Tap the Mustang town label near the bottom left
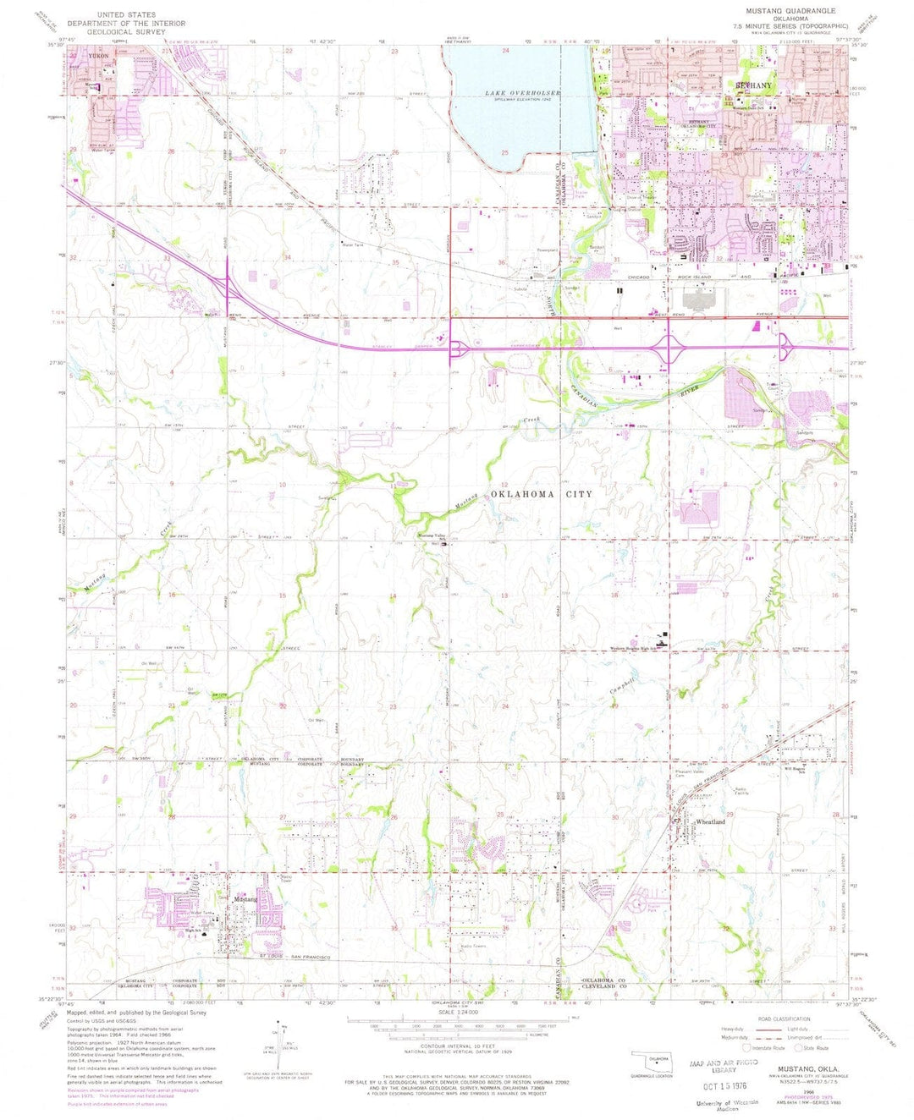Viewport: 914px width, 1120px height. [x=245, y=899]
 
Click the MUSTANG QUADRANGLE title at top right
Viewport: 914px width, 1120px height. [x=790, y=11]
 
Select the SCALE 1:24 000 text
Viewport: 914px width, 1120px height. [x=457, y=1012]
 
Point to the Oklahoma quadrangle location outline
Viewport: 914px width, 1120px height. [x=649, y=1060]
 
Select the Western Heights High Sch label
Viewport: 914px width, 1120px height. [x=632, y=649]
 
